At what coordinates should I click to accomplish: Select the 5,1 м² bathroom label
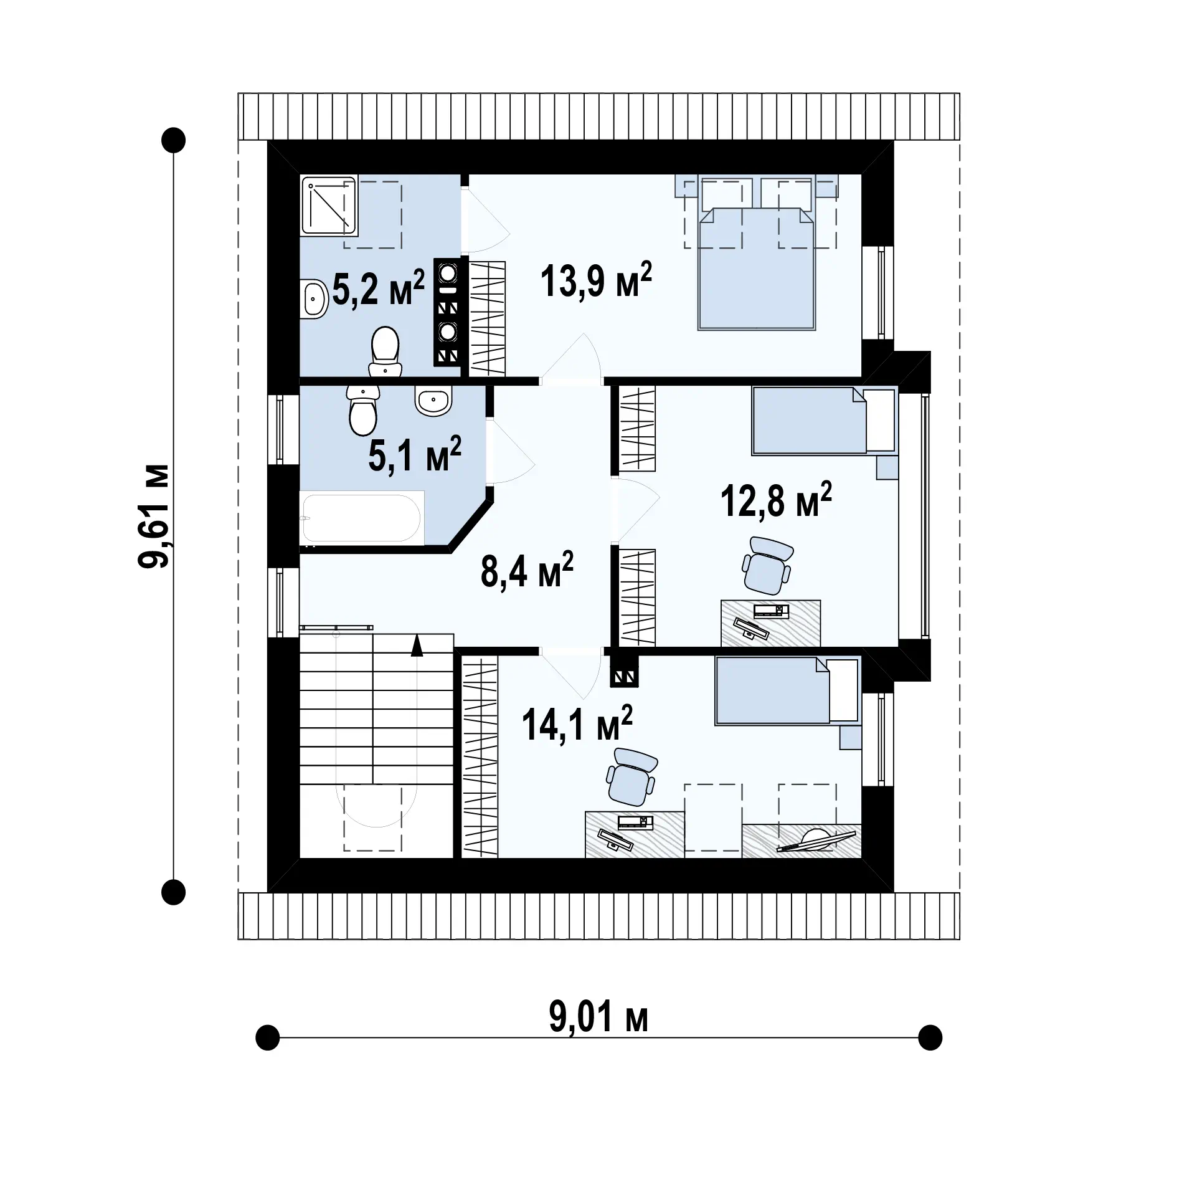pyautogui.click(x=415, y=454)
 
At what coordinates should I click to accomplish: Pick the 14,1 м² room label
pyautogui.click(x=577, y=723)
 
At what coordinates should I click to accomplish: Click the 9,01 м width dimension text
pyautogui.click(x=598, y=1018)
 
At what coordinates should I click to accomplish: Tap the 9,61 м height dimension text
pyautogui.click(x=153, y=515)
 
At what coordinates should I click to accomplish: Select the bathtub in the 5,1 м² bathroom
pyautogui.click(x=361, y=517)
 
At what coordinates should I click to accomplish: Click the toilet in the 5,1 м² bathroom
pyautogui.click(x=362, y=409)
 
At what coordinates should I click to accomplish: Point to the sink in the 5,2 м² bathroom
pyautogui.click(x=315, y=299)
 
